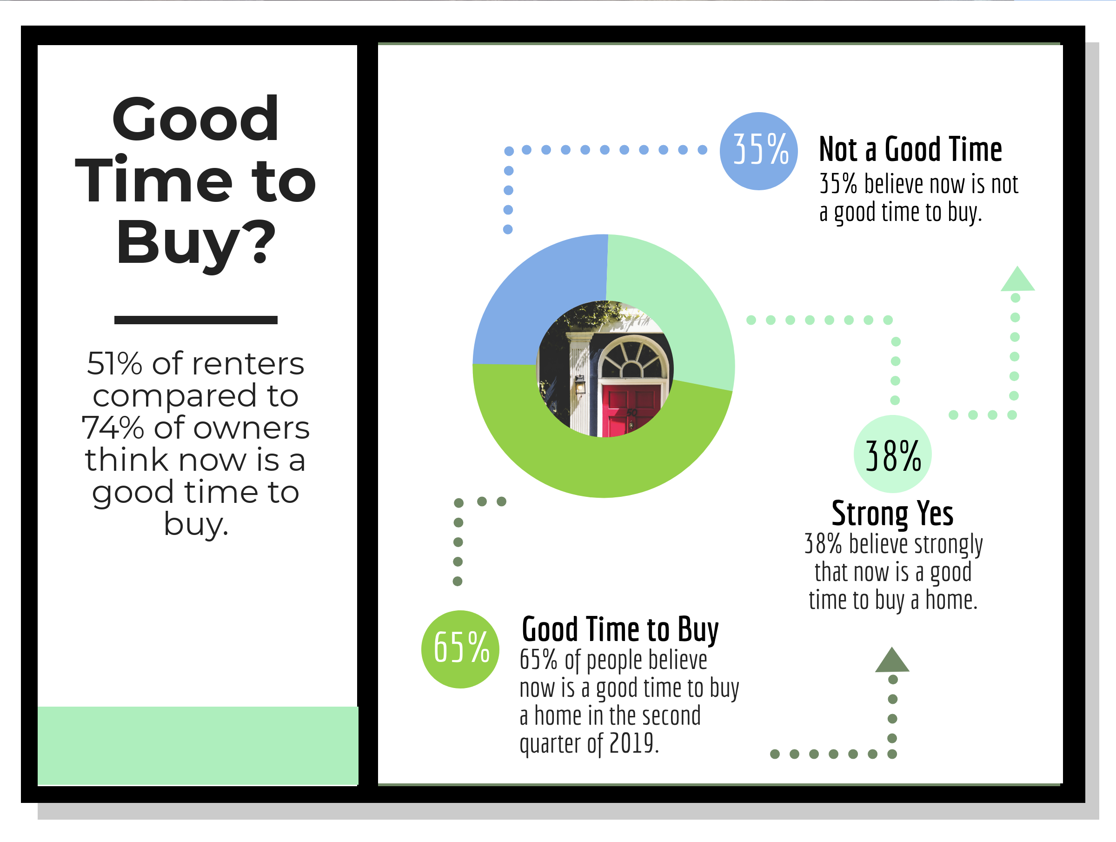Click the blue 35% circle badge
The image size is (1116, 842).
click(x=758, y=151)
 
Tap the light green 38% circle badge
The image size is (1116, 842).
click(x=892, y=454)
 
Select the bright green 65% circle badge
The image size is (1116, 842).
click(x=460, y=649)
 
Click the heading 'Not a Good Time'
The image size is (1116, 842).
click(x=910, y=149)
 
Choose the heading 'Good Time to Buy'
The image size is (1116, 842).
click(x=620, y=630)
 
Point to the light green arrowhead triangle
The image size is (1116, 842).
click(x=1017, y=279)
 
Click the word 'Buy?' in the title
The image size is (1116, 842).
click(x=196, y=243)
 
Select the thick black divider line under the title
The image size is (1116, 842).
click(x=196, y=320)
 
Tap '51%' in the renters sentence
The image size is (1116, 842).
click(x=114, y=363)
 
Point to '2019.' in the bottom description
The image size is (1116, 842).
click(x=634, y=743)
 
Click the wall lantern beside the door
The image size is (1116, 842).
click(x=580, y=385)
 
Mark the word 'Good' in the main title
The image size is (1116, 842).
click(x=195, y=119)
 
